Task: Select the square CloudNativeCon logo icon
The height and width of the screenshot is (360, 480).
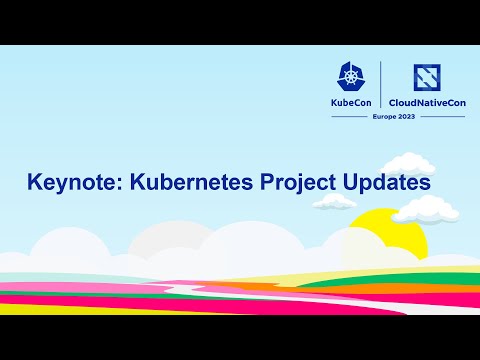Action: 426,78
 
